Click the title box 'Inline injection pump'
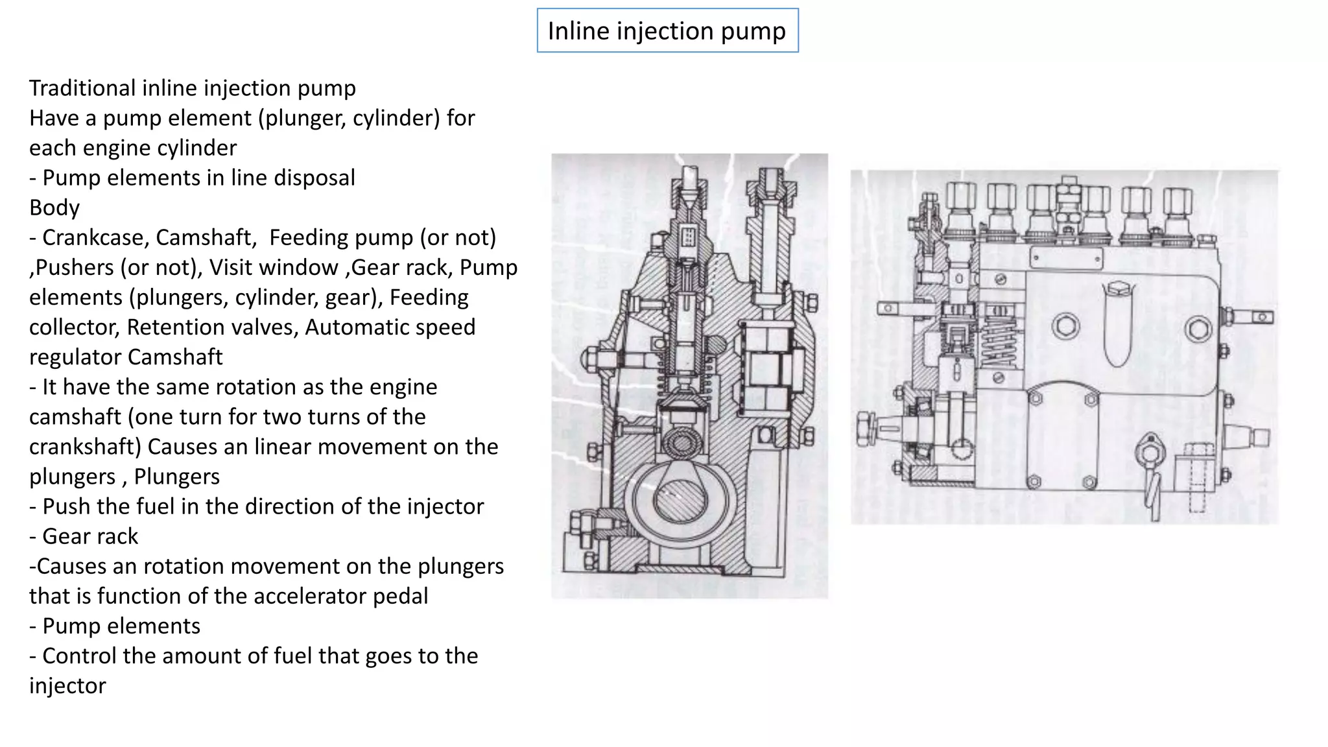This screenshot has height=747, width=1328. tap(667, 30)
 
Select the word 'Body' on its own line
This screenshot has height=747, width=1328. tap(54, 207)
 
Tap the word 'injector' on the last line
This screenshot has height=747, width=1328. tap(67, 685)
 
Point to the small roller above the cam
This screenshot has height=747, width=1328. tap(681, 444)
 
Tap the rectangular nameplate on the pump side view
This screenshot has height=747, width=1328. tap(1065, 257)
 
